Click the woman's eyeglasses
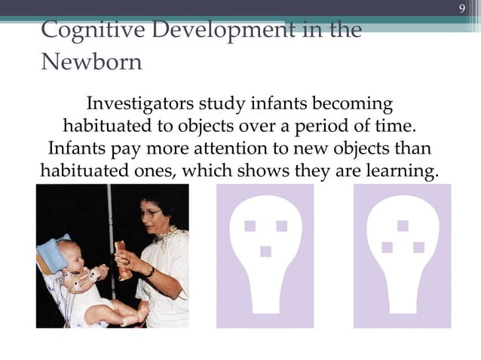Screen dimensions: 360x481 (151, 214)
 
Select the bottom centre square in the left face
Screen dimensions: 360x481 (265, 252)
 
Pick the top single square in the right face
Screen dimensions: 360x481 (403, 225)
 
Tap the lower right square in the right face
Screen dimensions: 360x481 (418, 247)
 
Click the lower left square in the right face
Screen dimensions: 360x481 (388, 247)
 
